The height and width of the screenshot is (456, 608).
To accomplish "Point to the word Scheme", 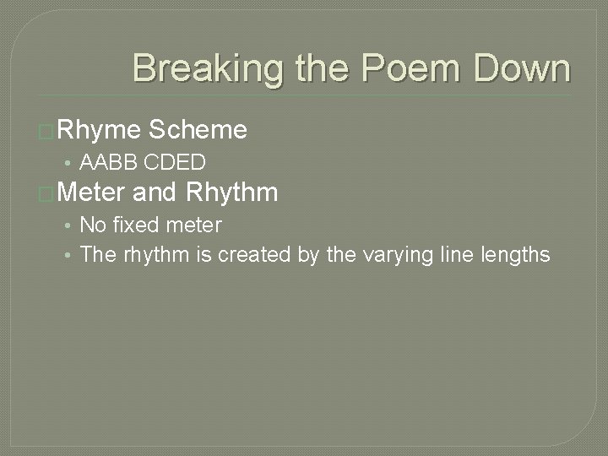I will point(198,129).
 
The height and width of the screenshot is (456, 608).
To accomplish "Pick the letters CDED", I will point(176,161).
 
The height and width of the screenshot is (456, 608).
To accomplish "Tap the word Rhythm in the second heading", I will point(231,193).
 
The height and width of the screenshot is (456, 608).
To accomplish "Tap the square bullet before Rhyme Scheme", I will point(47,131).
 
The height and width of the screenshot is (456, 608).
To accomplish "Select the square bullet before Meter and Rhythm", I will point(47,194).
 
